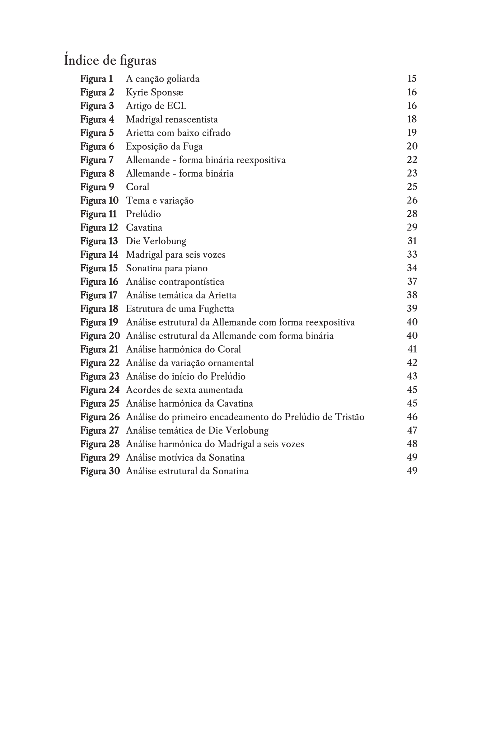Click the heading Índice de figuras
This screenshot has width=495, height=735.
[110, 60]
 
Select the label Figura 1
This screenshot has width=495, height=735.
[96, 79]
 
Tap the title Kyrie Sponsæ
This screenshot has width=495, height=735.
[154, 92]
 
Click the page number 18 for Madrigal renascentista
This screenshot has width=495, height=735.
[412, 119]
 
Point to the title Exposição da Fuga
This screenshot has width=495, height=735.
[164, 146]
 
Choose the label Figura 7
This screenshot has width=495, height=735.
[97, 160]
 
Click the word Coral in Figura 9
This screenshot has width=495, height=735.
[137, 187]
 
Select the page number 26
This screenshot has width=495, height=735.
[412, 200]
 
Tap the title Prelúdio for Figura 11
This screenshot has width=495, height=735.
[143, 214]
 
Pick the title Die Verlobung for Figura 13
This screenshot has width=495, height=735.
[156, 241]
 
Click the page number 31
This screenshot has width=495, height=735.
[412, 241]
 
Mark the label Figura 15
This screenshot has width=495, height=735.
[99, 268]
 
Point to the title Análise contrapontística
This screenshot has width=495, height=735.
[175, 282]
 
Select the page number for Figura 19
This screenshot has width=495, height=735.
[412, 322]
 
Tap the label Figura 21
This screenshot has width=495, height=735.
[99, 349]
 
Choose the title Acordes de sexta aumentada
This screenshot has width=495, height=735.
[184, 390]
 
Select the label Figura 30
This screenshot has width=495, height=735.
[100, 471]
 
